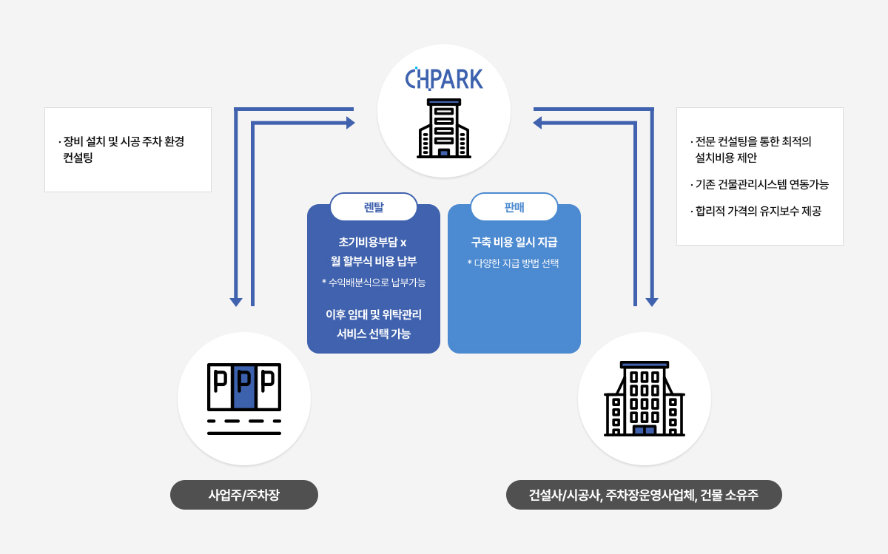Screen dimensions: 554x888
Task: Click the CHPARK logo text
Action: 444,78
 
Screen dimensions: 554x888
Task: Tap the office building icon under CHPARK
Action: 444,129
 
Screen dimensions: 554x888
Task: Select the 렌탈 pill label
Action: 374,207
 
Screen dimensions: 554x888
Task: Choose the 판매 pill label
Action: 514,207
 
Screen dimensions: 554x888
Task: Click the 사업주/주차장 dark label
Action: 244,495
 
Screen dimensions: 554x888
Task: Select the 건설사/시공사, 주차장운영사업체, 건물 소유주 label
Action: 644,495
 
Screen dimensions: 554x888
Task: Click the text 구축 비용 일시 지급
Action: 514,242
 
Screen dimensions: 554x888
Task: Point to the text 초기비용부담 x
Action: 374,242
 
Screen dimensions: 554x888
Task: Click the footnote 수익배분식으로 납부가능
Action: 374,282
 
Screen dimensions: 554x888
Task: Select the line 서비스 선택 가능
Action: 374,334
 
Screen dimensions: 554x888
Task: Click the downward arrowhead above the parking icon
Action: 236,302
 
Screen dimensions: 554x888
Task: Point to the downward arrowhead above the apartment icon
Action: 652,302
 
